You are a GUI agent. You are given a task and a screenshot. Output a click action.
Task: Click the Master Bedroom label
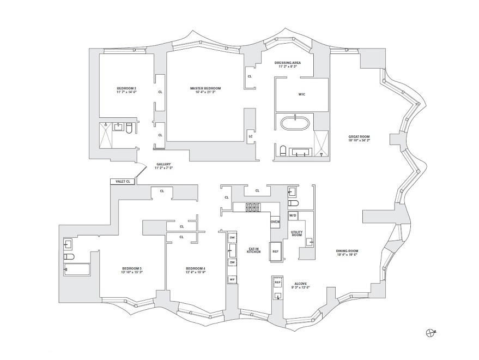tap(205, 88)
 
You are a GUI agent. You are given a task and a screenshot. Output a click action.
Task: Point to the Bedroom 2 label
tap(126, 88)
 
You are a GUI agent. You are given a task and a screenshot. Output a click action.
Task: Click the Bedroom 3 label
tap(132, 268)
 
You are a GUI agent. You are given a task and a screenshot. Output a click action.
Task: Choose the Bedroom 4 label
tap(195, 268)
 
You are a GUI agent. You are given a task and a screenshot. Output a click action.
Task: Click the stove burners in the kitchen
tap(253, 207)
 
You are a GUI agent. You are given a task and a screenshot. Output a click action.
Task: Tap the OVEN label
tap(275, 222)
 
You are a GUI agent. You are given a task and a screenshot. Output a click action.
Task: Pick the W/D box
tap(292, 216)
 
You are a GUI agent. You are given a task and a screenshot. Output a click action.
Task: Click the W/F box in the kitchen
tap(232, 279)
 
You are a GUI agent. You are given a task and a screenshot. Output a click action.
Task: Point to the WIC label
tap(302, 94)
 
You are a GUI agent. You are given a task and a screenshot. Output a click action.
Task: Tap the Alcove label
tap(301, 284)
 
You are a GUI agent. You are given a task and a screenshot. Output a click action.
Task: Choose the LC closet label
tap(250, 136)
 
